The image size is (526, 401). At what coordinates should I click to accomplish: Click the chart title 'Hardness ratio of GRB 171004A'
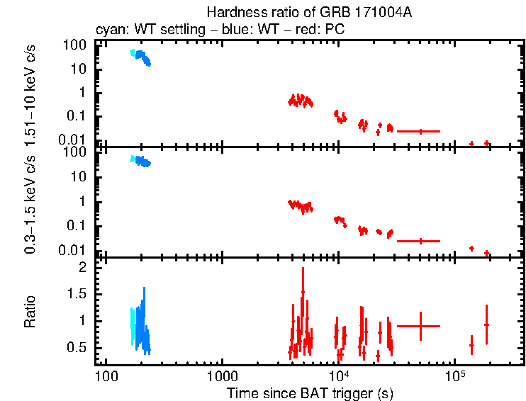point(309,13)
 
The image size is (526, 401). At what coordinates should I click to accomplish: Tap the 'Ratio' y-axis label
point(30,312)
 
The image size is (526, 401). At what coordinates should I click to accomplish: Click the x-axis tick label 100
point(106,375)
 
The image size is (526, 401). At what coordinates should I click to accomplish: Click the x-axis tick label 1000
point(222,375)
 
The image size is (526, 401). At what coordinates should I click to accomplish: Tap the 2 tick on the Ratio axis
point(82,268)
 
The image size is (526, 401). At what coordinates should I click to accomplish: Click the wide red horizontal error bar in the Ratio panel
point(419,326)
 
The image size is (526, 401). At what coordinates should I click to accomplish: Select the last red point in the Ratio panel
point(486,324)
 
